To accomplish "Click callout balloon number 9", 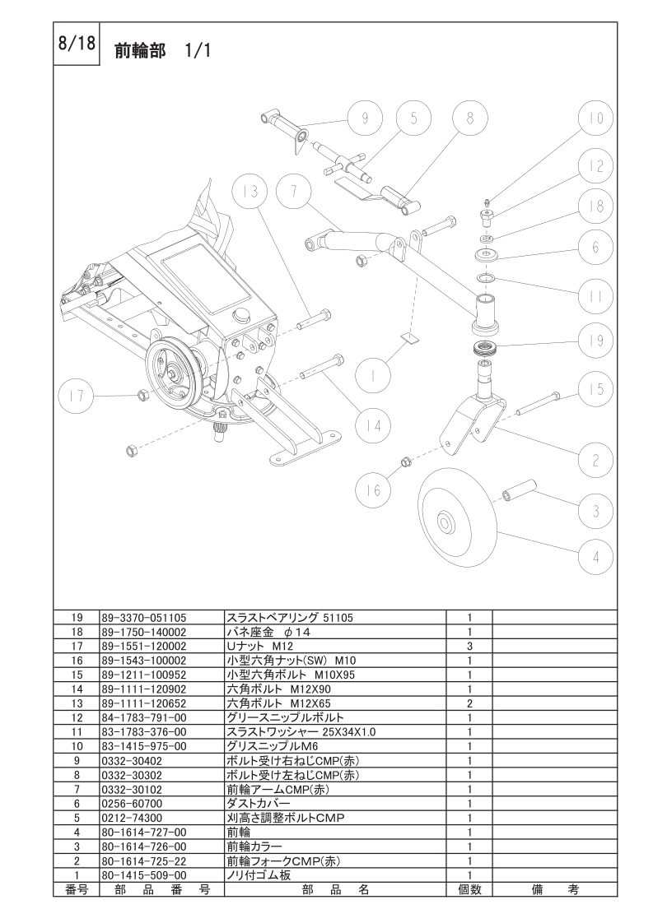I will tap(365, 119).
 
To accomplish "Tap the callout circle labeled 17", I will tap(77, 397).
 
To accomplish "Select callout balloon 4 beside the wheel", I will tap(595, 557).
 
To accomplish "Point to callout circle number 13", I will tap(250, 192).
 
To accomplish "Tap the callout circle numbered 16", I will tap(374, 490).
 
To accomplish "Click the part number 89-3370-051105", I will tap(144, 616).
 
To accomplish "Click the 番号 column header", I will tap(76, 889).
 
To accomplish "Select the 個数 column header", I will tap(469, 889).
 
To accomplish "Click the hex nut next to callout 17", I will tap(142, 396).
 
